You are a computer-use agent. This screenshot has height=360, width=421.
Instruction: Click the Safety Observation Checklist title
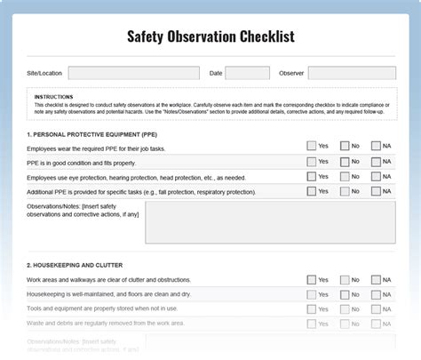[x=210, y=36]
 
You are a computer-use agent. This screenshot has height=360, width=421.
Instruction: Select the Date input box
[x=247, y=73]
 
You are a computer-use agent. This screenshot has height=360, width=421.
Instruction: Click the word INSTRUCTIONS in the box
[x=54, y=96]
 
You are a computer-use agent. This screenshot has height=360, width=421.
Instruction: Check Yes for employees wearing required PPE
[x=312, y=147]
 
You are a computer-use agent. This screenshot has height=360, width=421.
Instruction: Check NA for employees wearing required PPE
[x=376, y=147]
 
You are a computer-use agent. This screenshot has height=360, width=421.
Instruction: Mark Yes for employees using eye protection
[x=312, y=176]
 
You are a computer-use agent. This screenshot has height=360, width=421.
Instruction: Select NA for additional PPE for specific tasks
[x=376, y=191]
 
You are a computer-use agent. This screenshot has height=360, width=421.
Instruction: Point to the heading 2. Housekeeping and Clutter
[x=75, y=265]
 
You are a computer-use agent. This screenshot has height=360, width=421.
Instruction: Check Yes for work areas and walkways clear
[x=312, y=279]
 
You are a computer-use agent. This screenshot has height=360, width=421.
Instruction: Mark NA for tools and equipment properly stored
[x=376, y=308]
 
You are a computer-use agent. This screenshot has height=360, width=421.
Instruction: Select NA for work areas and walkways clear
[x=376, y=279]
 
